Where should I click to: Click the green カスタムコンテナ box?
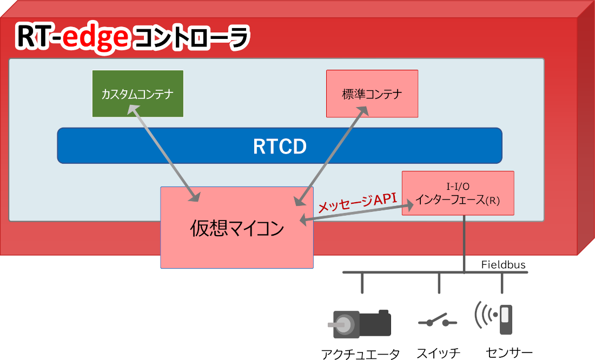[x=137, y=94]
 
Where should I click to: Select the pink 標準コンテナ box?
[x=372, y=94]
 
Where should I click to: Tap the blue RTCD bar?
[x=279, y=145]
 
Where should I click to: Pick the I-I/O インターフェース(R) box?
[x=458, y=194]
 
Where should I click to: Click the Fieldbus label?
[x=503, y=265]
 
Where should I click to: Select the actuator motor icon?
[x=361, y=323]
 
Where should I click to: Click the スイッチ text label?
[x=438, y=354]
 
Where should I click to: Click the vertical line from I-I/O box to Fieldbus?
[x=464, y=243]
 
